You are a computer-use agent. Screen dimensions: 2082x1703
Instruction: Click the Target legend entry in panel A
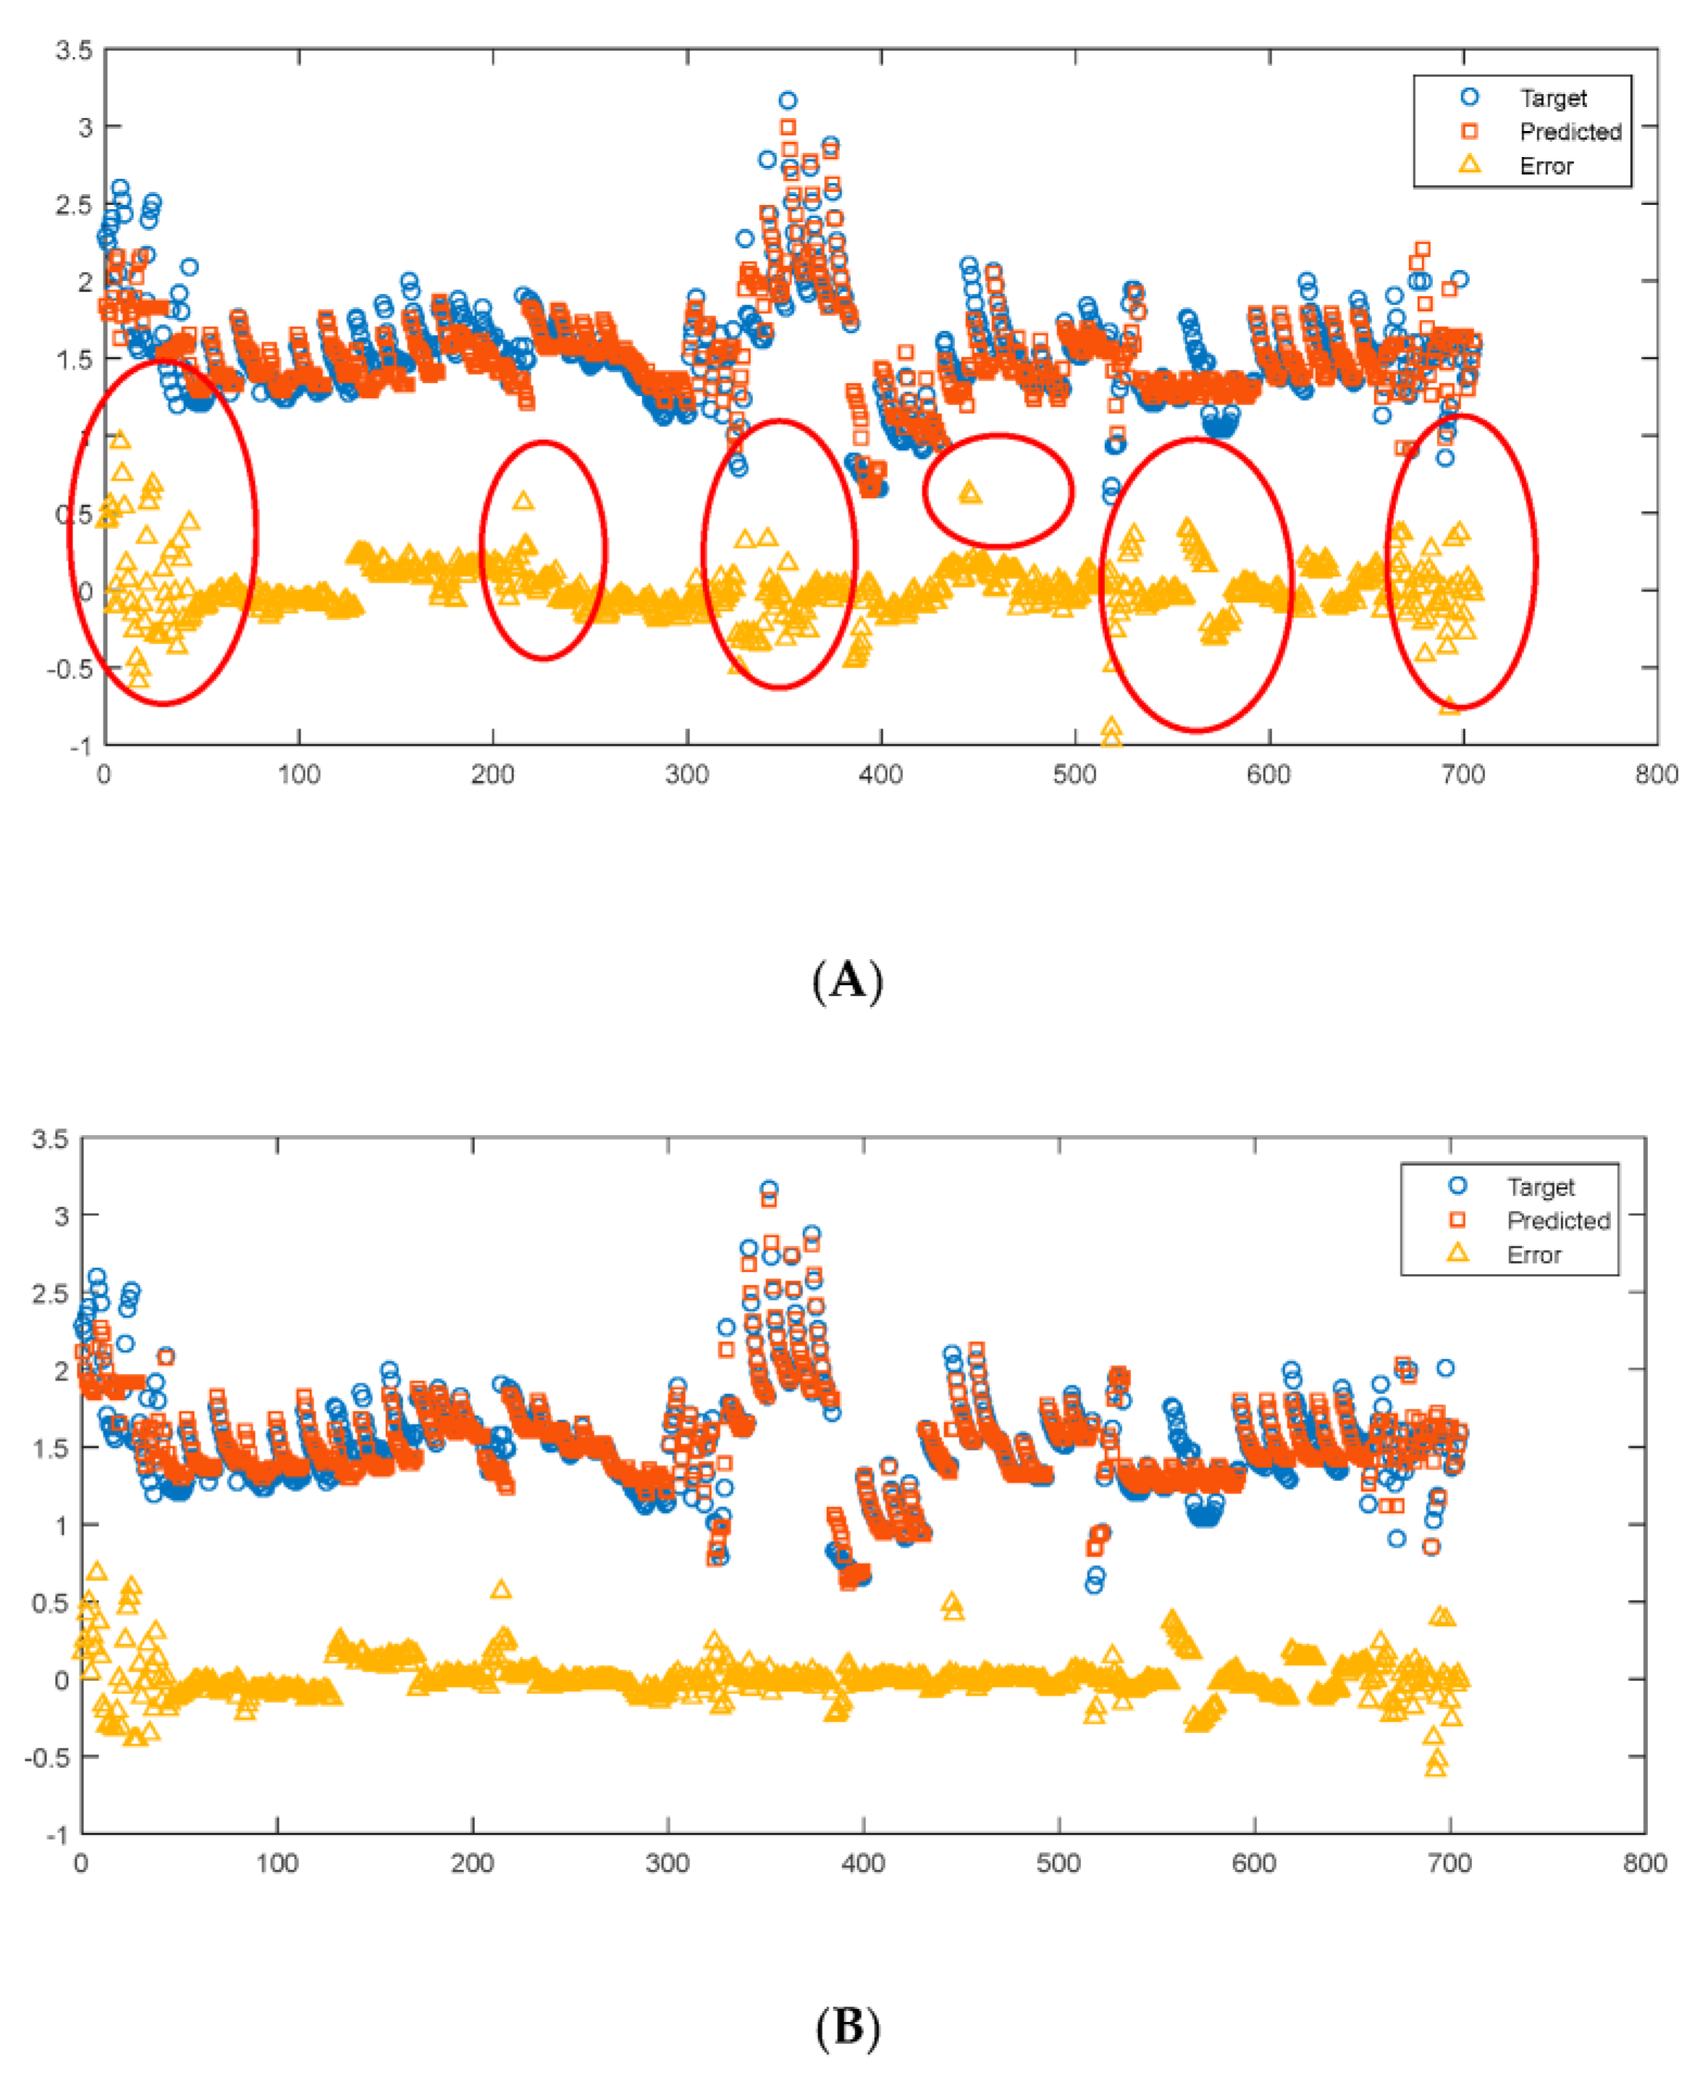(x=1552, y=98)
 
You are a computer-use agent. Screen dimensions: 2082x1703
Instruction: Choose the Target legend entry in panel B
(x=1539, y=1187)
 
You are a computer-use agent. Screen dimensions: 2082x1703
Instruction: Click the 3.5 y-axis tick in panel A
(x=75, y=50)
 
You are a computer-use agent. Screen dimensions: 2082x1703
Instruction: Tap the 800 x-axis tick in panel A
(x=1656, y=775)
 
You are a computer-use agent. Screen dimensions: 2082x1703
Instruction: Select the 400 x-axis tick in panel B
(x=863, y=1863)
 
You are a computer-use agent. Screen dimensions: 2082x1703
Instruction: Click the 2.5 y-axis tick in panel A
(x=75, y=205)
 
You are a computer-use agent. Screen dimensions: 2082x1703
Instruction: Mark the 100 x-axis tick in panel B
(x=277, y=1863)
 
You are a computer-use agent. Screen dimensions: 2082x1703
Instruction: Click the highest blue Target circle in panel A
(x=788, y=100)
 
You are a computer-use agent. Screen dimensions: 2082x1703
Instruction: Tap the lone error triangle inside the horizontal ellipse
(x=970, y=492)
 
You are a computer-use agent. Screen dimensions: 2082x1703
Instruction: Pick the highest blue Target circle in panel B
(x=769, y=1189)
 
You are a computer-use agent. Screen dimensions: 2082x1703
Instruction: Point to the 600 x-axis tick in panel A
(x=1269, y=775)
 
